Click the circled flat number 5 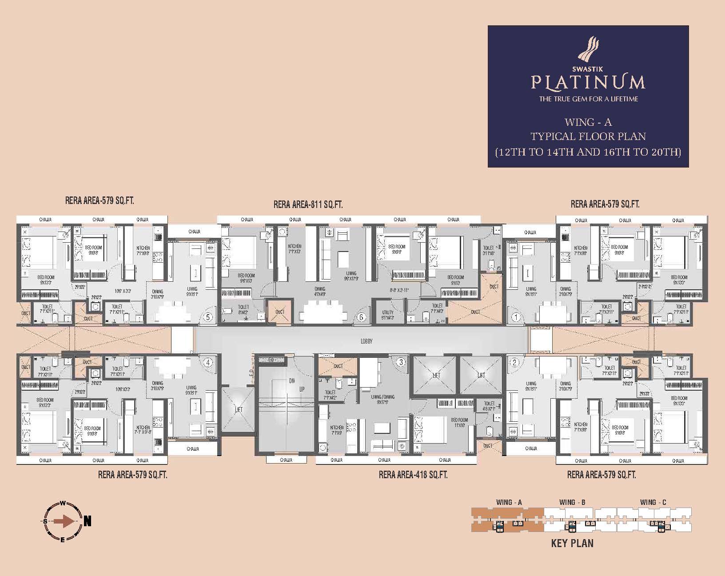pyautogui.click(x=207, y=317)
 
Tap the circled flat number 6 pyautogui.click(x=361, y=317)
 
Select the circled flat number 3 pyautogui.click(x=401, y=362)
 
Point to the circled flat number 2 pyautogui.click(x=515, y=362)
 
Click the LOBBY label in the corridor pyautogui.click(x=366, y=341)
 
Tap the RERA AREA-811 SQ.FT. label pyautogui.click(x=308, y=205)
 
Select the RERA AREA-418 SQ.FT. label pyautogui.click(x=413, y=475)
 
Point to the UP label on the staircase pyautogui.click(x=302, y=389)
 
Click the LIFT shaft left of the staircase pyautogui.click(x=239, y=409)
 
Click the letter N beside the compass pyautogui.click(x=88, y=521)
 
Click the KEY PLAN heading pyautogui.click(x=572, y=543)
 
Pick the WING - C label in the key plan pyautogui.click(x=653, y=502)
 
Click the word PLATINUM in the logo pyautogui.click(x=588, y=82)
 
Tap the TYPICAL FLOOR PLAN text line pyautogui.click(x=588, y=136)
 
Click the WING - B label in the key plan pyautogui.click(x=572, y=502)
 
